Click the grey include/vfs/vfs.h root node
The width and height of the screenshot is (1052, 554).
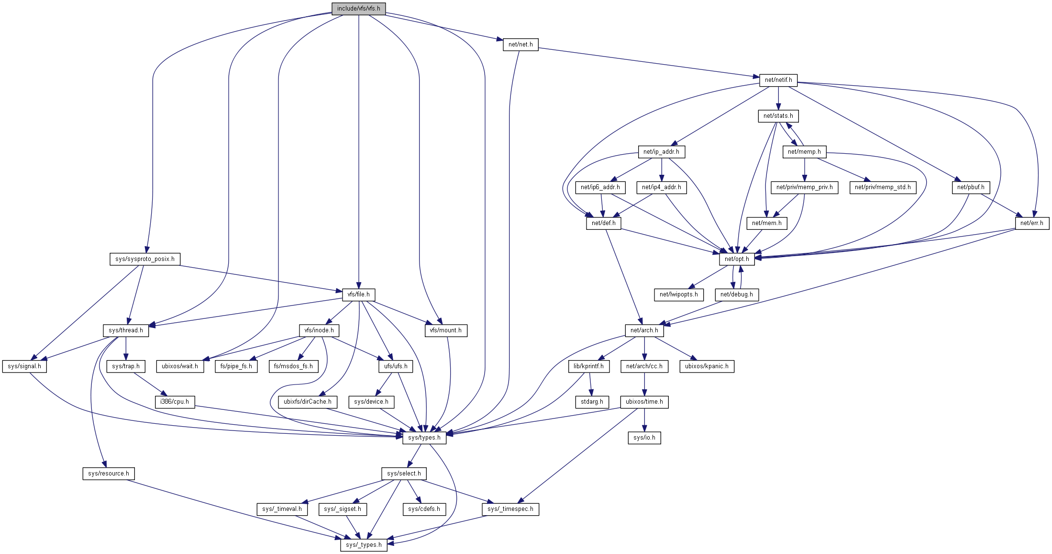click(x=358, y=9)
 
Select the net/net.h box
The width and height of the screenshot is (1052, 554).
click(x=520, y=45)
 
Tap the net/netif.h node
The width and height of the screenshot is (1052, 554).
click(x=778, y=80)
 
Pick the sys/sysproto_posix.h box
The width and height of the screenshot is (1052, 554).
click(x=145, y=259)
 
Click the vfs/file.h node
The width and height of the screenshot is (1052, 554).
click(x=359, y=294)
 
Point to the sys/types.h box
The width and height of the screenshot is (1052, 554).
click(x=424, y=438)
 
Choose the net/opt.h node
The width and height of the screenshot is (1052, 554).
click(x=737, y=259)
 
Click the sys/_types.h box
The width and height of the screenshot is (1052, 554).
click(x=364, y=545)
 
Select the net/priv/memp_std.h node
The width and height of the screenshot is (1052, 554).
click(x=883, y=187)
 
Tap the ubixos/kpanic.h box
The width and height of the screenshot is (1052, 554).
click(x=707, y=366)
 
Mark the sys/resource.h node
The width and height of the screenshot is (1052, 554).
click(x=109, y=474)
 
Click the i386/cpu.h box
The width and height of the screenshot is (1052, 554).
click(x=175, y=402)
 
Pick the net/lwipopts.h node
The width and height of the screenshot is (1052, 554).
click(x=678, y=294)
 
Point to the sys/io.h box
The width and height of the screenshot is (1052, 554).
click(x=644, y=438)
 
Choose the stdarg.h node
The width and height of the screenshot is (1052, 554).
click(x=592, y=402)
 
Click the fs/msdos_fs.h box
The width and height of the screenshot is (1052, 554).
click(x=293, y=366)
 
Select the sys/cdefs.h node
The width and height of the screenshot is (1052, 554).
click(x=424, y=509)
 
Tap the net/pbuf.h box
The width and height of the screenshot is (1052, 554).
click(x=971, y=187)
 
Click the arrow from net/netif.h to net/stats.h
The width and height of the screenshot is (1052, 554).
click(x=778, y=98)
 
